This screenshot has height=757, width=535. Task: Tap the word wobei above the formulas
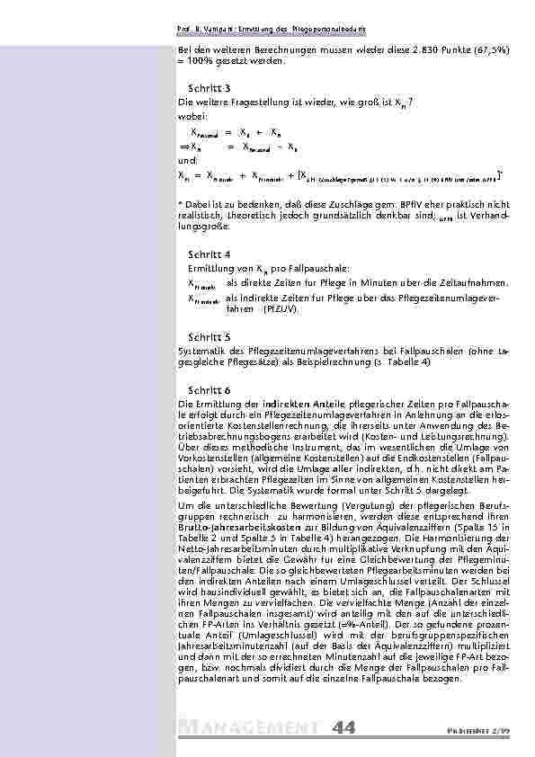pos(192,116)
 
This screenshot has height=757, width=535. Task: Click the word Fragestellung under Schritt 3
pos(247,105)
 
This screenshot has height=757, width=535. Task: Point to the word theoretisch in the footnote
pos(232,216)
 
